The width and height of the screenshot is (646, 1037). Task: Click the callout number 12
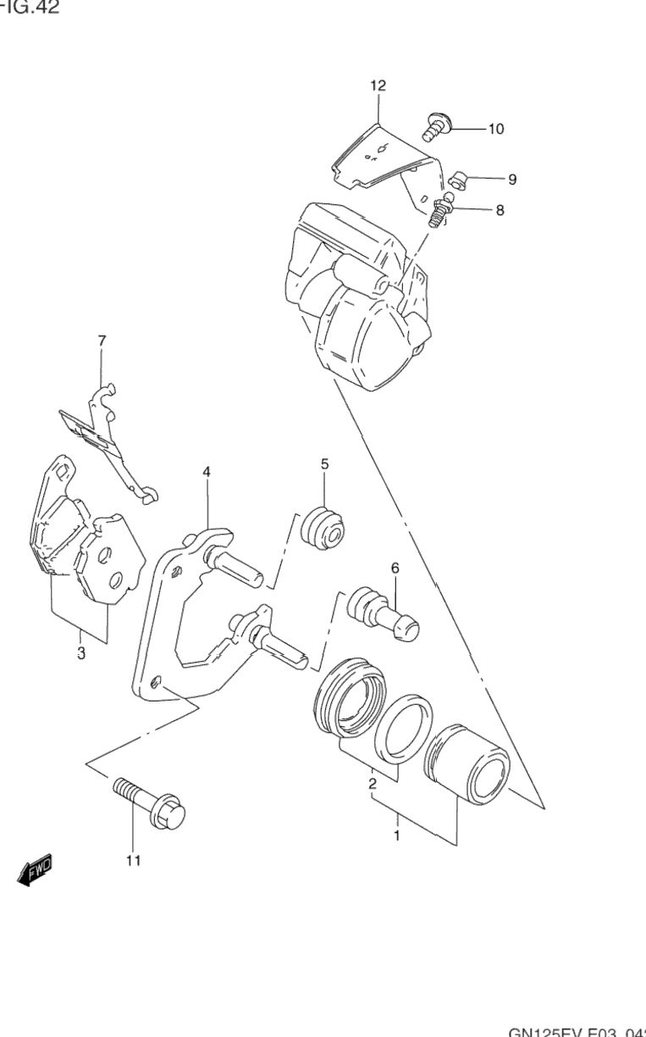[378, 86]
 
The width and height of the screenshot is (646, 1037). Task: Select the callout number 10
[495, 130]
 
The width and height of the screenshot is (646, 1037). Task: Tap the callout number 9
[512, 180]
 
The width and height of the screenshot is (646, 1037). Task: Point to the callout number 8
[500, 210]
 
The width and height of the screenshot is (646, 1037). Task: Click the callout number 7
[102, 341]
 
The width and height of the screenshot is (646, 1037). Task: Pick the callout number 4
[206, 472]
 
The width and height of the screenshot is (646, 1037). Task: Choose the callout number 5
[324, 464]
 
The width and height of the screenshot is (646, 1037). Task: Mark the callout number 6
[395, 568]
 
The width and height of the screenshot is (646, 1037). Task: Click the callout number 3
[80, 653]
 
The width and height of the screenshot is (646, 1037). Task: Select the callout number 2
[372, 784]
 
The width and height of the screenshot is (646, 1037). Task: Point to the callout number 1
[396, 835]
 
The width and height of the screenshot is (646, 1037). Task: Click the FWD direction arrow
[35, 869]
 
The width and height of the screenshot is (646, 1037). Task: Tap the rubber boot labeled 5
[323, 529]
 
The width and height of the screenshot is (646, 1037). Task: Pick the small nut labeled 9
[458, 179]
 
